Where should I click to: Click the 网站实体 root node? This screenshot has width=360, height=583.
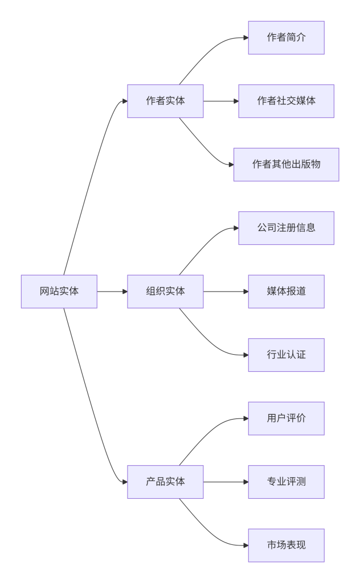click(x=59, y=291)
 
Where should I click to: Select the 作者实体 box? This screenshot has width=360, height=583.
click(x=165, y=101)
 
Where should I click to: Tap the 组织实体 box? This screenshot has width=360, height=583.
click(x=165, y=291)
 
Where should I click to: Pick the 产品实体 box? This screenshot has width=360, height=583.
click(x=165, y=482)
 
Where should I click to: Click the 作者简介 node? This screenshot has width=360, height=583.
click(x=286, y=38)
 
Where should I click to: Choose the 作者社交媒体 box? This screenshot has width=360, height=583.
click(x=286, y=101)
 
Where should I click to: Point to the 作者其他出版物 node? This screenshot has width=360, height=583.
click(x=286, y=165)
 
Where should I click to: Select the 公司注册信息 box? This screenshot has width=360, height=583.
click(x=286, y=228)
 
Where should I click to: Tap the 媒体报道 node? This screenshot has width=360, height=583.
click(x=286, y=291)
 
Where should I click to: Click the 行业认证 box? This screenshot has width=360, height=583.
click(x=286, y=355)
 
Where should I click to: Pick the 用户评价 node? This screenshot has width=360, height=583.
click(x=286, y=418)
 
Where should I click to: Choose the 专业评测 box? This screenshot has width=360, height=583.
click(x=286, y=482)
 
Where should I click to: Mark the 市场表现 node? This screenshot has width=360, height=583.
click(x=286, y=545)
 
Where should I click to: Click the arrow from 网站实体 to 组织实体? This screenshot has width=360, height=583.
click(x=112, y=291)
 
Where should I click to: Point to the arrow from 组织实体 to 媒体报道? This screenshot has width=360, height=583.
click(x=225, y=291)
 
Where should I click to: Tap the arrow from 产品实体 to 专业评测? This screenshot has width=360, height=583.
click(x=225, y=482)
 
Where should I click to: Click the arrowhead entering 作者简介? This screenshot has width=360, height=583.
click(x=246, y=38)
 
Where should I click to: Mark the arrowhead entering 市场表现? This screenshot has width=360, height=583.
click(x=246, y=545)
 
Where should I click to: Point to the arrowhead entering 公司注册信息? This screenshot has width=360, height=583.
click(x=236, y=228)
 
